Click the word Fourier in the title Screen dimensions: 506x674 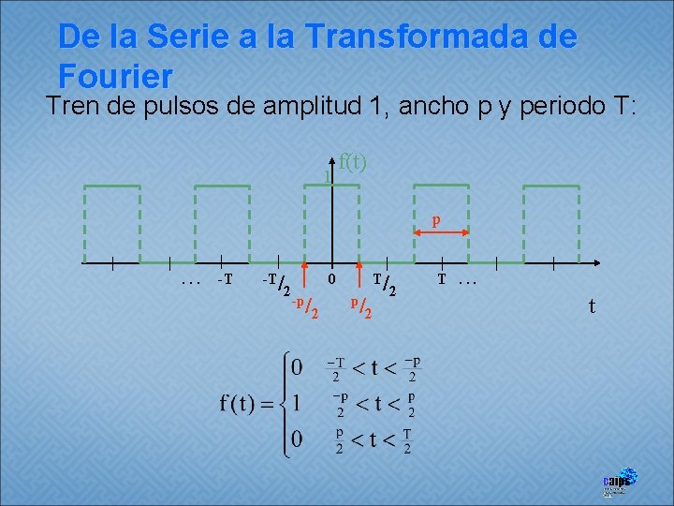coord(115,75)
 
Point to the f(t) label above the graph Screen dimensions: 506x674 coord(352,161)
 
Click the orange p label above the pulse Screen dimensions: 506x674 coord(435,222)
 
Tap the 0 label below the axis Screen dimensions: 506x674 coord(331,279)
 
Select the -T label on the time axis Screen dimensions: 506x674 coord(224,280)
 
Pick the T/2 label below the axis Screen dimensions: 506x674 coord(385,284)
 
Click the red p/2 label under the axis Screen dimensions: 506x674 coord(361,306)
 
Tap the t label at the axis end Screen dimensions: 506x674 coord(591,305)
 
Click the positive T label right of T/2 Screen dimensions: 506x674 coord(442,279)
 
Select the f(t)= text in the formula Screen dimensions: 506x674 coord(247,404)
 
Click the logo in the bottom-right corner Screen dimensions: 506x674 coord(619,481)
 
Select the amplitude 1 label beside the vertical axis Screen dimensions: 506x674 coord(326,176)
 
